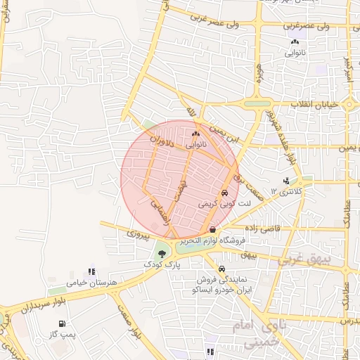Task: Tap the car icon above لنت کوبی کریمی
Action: (x=224, y=193)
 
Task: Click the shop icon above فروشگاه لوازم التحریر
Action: (x=213, y=229)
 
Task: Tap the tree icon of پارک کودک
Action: (x=162, y=253)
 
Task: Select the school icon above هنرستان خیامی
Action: (x=91, y=271)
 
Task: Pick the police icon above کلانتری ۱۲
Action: (x=285, y=180)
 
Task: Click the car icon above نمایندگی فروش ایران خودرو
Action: (x=222, y=269)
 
